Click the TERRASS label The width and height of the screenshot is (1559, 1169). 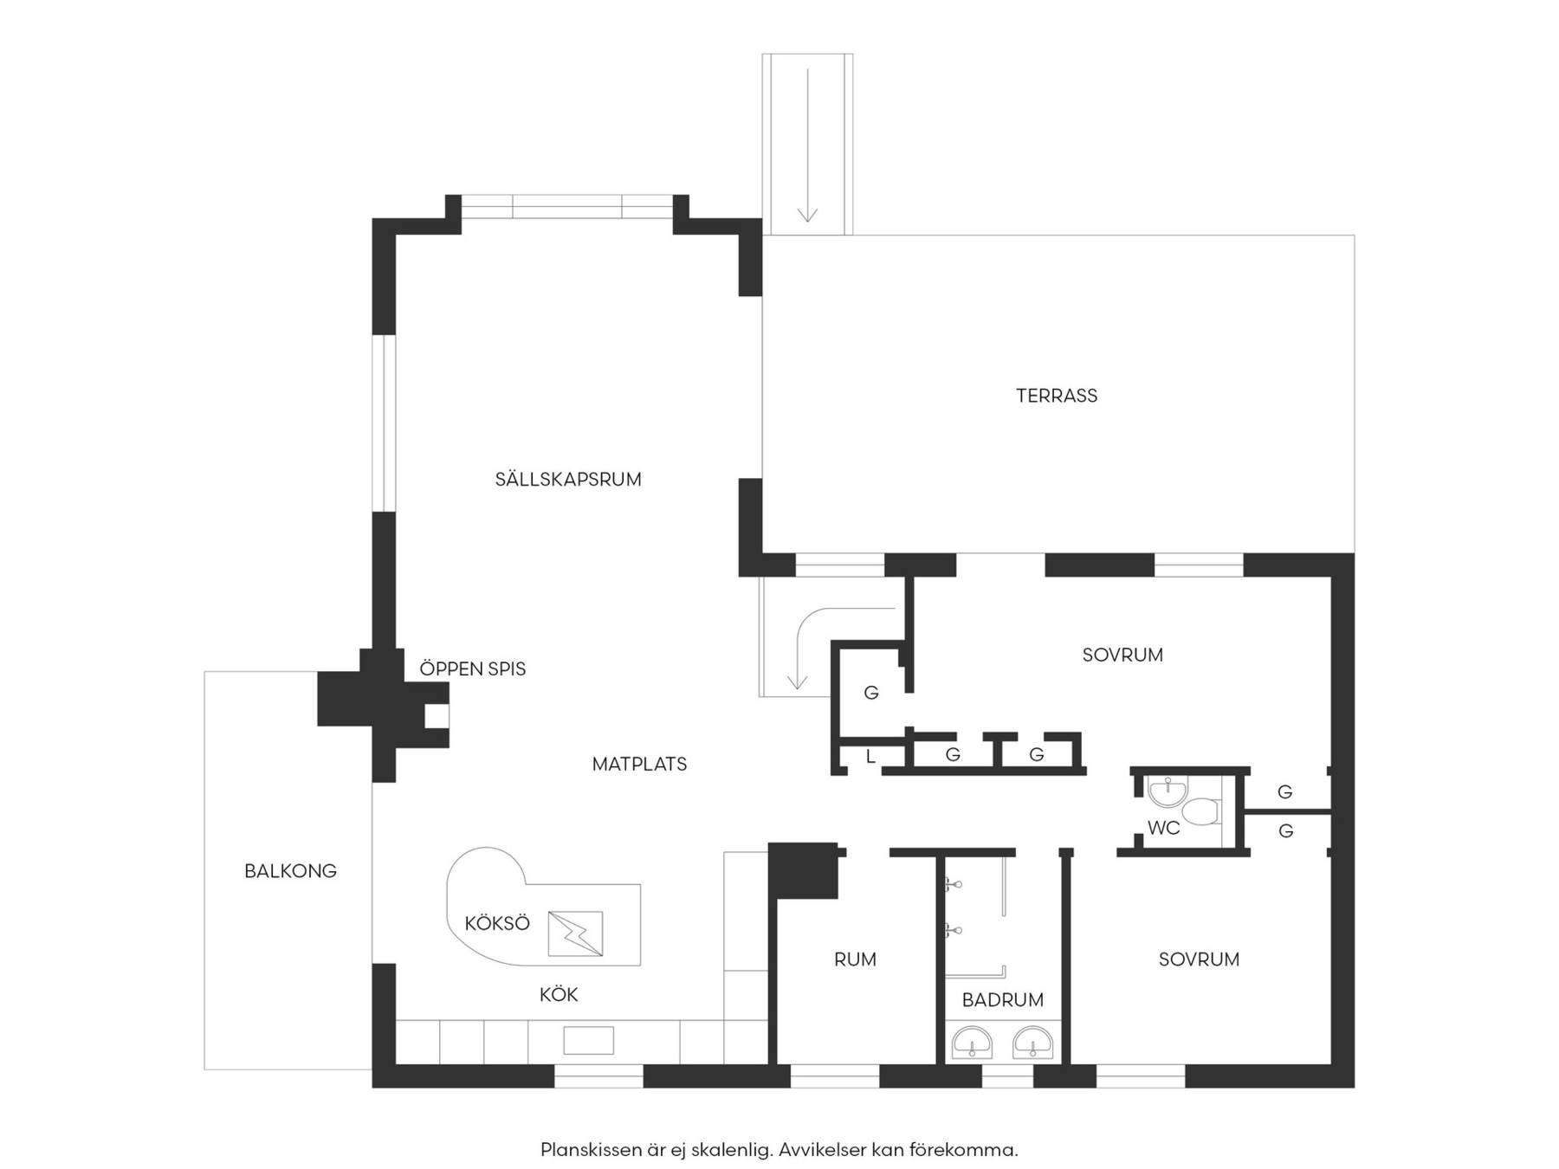[1057, 396]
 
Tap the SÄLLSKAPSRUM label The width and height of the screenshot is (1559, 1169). [568, 479]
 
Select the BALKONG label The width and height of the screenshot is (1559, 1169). [290, 871]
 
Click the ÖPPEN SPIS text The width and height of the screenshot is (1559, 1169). [473, 668]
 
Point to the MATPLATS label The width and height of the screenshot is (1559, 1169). [640, 764]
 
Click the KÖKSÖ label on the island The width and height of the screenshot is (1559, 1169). [497, 923]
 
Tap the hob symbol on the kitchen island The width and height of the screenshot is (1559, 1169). [575, 933]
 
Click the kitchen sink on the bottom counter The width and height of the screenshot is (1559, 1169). [589, 1040]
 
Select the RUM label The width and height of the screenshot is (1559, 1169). [855, 959]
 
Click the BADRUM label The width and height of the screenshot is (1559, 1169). [1003, 1000]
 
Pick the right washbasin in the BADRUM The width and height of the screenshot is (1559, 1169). [1033, 1043]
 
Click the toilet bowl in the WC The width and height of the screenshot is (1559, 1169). [1201, 812]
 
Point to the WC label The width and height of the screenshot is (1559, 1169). [1164, 828]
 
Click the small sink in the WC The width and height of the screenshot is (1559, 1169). [1168, 791]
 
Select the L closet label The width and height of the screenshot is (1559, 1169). [870, 756]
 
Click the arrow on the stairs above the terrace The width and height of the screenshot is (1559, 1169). [808, 145]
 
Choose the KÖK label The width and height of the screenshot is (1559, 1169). [559, 995]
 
